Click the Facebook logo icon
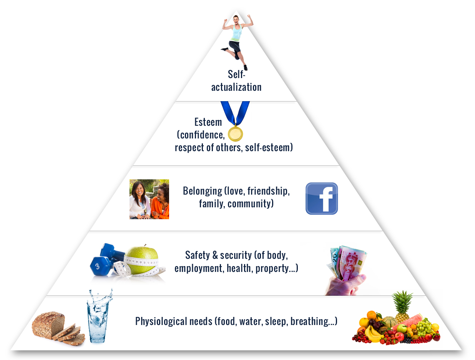coord(322,198)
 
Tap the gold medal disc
coord(236,134)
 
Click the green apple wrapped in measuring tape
coord(142,260)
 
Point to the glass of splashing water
coord(98,317)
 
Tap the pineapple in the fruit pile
coord(402,307)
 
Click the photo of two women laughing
coord(149,199)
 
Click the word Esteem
coord(208,122)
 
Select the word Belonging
coord(203,191)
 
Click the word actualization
coord(236,87)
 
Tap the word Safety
coord(198,255)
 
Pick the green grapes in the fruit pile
coord(424,327)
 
